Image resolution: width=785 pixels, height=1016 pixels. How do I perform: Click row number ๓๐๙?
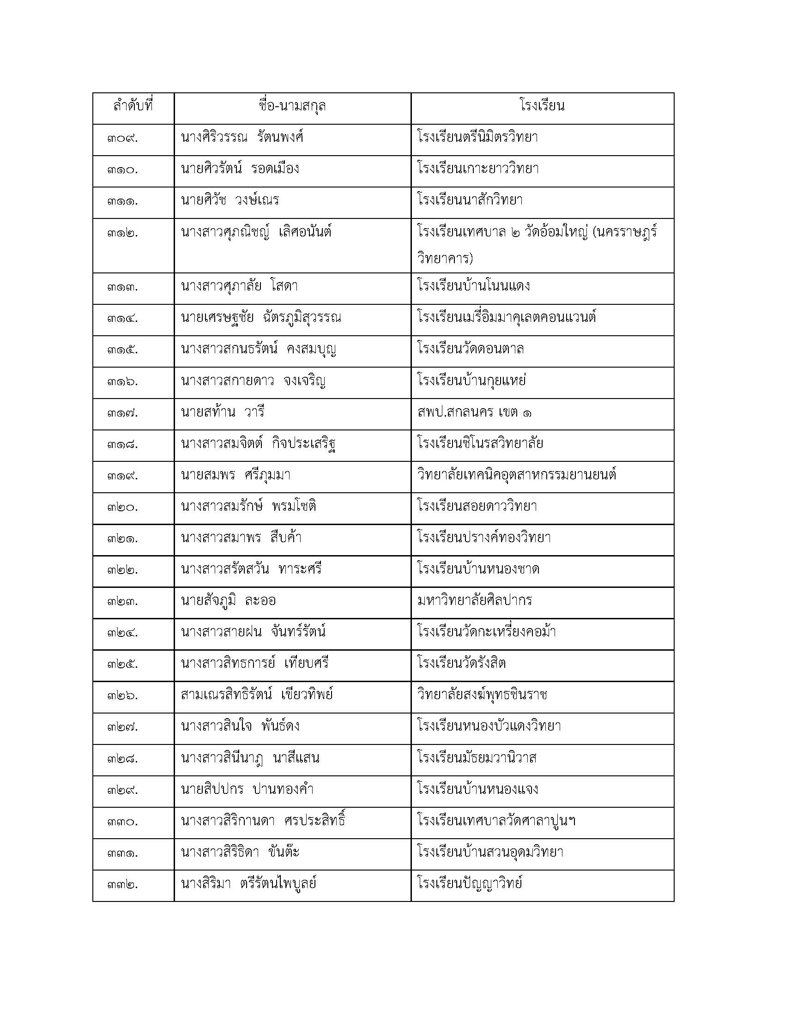coord(122,139)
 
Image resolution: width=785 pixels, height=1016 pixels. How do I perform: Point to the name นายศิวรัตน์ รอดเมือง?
coord(240,169)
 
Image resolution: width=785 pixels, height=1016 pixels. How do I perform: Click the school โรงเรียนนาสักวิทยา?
coord(470,201)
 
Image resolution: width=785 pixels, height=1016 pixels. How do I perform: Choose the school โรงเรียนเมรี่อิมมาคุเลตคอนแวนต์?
coord(507,318)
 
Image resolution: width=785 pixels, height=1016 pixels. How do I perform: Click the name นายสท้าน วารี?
coord(222,412)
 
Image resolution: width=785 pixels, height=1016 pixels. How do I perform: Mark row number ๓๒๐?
coord(122,508)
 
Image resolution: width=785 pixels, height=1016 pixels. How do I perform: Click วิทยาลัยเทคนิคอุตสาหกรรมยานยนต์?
coord(517,476)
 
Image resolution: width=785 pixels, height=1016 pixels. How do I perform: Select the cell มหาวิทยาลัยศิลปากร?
coord(474,601)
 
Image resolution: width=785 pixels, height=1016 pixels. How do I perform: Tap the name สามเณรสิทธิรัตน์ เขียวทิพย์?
coord(257,696)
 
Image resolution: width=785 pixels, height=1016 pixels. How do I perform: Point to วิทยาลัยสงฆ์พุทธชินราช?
coord(482,696)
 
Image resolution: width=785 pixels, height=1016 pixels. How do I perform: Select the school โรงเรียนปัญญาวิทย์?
coord(470,884)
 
